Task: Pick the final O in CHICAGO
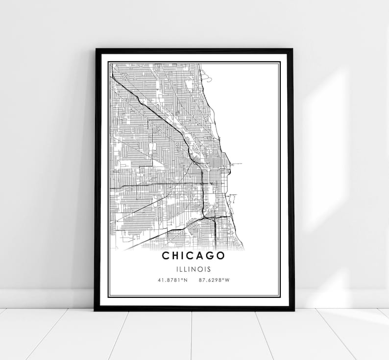click(x=221, y=256)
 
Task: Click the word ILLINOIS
click(x=194, y=269)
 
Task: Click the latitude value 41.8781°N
click(x=172, y=281)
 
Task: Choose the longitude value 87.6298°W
click(x=215, y=281)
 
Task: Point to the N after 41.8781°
click(x=185, y=281)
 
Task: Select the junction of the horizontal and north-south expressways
click(x=202, y=184)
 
